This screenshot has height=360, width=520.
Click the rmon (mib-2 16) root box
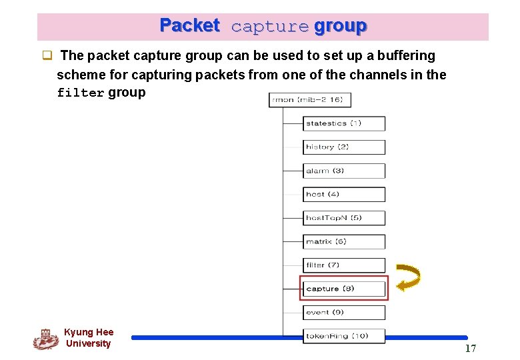310,100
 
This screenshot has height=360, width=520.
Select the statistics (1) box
344,123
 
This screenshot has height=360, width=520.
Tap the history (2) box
344,147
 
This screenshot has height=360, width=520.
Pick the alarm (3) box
344,171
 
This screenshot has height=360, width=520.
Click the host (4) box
344,194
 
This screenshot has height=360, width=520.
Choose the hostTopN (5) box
344,218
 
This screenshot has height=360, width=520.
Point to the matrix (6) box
344,241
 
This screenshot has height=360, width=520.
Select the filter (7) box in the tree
344,265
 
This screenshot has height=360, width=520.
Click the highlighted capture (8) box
344,289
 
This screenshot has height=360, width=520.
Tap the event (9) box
344,312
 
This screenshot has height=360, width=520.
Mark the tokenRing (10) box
344,336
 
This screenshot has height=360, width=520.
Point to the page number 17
471,349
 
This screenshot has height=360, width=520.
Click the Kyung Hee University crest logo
45,339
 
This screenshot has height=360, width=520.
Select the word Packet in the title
189,26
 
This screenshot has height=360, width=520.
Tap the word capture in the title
269,27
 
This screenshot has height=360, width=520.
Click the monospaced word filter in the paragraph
81,93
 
